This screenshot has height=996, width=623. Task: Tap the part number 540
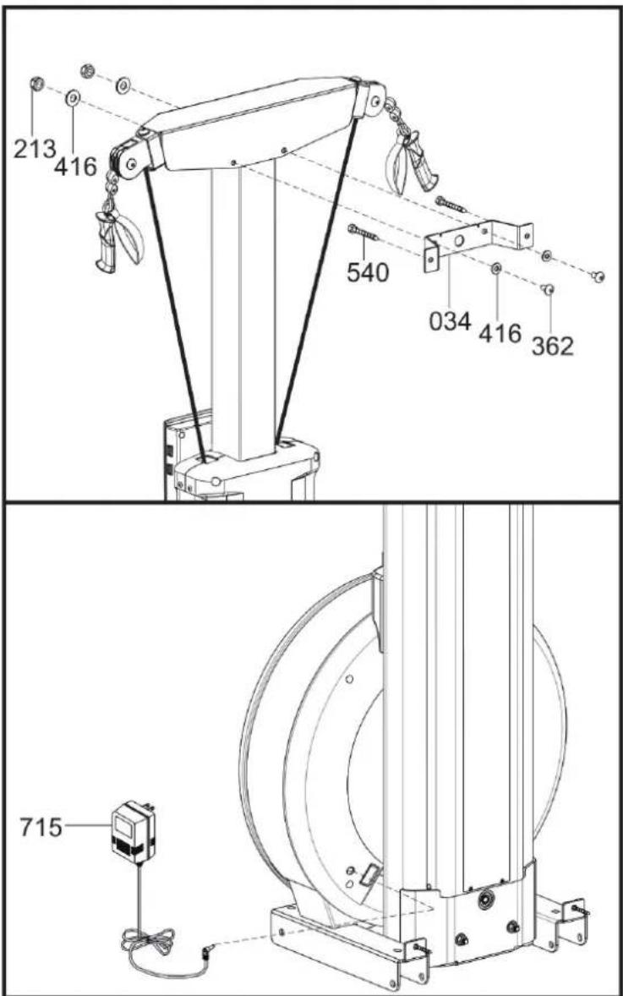[x=368, y=272]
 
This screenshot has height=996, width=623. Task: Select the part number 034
[x=451, y=320]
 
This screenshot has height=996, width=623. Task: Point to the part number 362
[x=553, y=346]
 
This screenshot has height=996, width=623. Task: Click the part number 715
[x=41, y=827]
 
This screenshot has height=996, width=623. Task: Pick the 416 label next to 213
[x=75, y=167]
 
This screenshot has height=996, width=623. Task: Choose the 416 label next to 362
[x=500, y=333]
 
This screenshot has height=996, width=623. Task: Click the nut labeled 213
[x=37, y=84]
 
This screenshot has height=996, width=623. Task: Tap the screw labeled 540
[x=363, y=233]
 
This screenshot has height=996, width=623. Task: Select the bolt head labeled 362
[x=548, y=290]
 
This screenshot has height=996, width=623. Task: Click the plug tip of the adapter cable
[x=206, y=951]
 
